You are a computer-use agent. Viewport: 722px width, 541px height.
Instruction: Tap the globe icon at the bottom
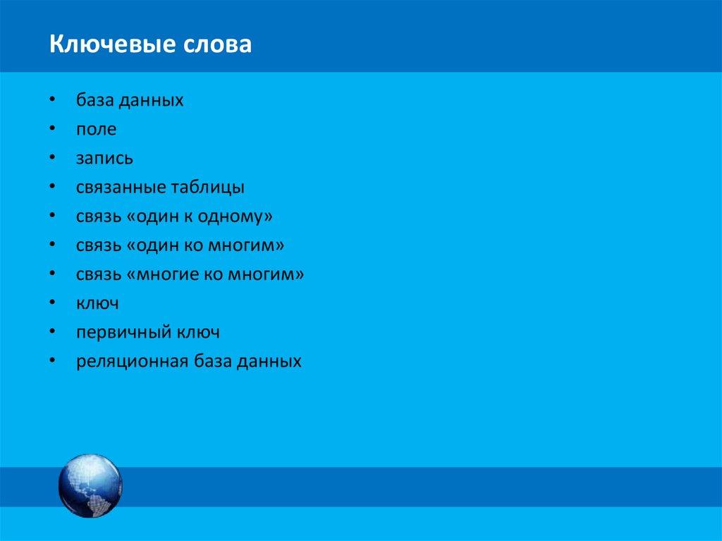point(90,486)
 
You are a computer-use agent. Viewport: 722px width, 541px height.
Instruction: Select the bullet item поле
point(97,130)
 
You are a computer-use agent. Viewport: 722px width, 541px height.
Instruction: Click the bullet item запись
point(105,159)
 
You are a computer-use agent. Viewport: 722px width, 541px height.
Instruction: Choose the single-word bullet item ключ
point(97,303)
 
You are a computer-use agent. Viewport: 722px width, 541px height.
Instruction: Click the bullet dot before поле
point(54,130)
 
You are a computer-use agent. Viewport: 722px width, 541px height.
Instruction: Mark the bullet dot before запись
point(54,159)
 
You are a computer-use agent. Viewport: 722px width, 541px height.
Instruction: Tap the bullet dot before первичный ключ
point(54,332)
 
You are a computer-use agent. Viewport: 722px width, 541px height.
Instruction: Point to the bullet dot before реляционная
point(54,361)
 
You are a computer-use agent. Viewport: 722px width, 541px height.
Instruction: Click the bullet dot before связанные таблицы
point(54,188)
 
